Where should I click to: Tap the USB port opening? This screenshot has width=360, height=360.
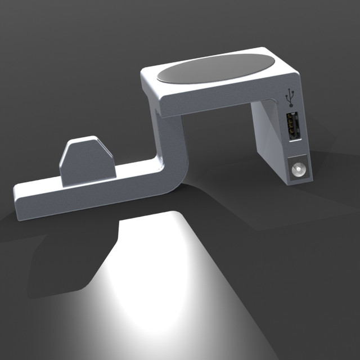(292, 127)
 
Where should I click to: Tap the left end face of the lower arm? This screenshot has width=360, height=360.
(18, 202)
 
